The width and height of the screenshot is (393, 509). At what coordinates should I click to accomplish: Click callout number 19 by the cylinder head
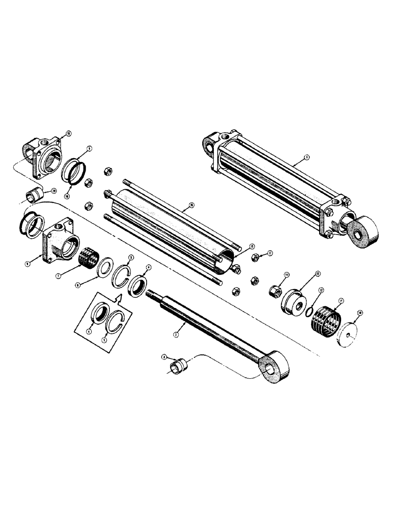click(x=68, y=134)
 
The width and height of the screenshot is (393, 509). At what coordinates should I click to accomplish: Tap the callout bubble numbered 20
click(x=52, y=191)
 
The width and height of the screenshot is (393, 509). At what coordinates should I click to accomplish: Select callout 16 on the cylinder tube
click(x=191, y=205)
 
